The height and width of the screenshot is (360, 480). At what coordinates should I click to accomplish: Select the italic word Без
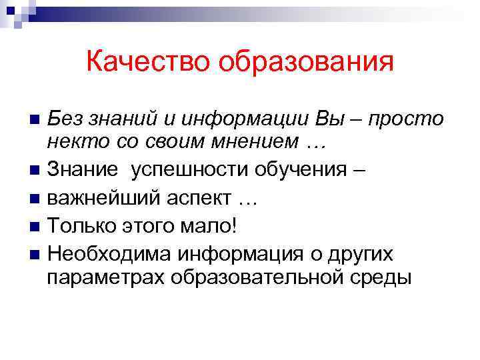65,120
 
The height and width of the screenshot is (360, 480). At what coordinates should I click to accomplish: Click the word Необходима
107,254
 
